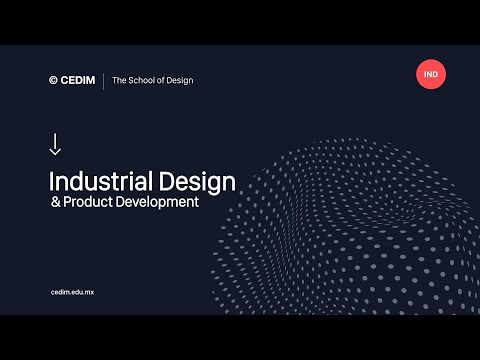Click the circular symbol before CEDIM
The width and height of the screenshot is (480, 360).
[x=53, y=80]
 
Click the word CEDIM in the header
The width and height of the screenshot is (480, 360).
[x=77, y=80]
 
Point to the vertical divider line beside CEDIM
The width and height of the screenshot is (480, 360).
[x=103, y=80]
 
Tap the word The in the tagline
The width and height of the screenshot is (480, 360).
[x=120, y=80]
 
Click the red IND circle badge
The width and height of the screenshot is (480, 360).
[x=431, y=74]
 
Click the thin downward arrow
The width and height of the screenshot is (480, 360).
[x=55, y=144]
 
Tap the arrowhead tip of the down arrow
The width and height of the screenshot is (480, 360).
[x=55, y=154]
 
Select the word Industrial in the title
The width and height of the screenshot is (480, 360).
[x=99, y=182]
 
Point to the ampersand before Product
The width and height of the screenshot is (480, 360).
[x=54, y=202]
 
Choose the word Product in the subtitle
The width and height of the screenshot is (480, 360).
[x=87, y=202]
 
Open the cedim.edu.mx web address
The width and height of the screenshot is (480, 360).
[x=72, y=291]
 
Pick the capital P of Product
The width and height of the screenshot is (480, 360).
[x=66, y=202]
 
